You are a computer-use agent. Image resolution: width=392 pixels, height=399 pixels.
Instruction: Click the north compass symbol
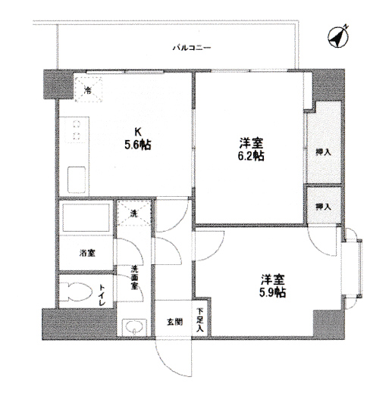[338, 36]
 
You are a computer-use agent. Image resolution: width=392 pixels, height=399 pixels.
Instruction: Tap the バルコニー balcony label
[192, 48]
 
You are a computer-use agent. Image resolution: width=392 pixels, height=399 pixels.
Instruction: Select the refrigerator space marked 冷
[88, 89]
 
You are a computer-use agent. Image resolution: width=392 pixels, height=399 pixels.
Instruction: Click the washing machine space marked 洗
[133, 214]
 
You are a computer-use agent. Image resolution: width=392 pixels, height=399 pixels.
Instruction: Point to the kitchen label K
[138, 132]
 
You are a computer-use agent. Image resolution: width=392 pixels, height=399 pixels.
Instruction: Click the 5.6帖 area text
[138, 145]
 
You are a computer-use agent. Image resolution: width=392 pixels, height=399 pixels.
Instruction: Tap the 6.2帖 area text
[251, 156]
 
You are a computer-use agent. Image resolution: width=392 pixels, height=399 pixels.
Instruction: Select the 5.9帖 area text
[272, 293]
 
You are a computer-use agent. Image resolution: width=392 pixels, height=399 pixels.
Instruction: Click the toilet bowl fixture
[77, 291]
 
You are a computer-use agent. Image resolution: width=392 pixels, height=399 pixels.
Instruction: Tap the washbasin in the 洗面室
[134, 326]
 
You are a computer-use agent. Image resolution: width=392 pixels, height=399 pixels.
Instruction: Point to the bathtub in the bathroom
[86, 217]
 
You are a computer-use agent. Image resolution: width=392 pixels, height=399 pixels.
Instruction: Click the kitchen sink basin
[77, 179]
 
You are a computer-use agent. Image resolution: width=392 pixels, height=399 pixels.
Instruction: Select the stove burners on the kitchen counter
[77, 130]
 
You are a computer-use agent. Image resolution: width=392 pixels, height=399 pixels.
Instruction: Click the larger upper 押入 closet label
[324, 152]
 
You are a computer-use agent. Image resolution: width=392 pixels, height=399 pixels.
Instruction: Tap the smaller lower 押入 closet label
[324, 207]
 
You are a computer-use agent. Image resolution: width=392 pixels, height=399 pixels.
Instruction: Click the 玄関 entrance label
[175, 322]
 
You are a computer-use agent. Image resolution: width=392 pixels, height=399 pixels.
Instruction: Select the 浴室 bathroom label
[87, 253]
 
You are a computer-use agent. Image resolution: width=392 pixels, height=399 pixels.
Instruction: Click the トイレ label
[102, 295]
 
